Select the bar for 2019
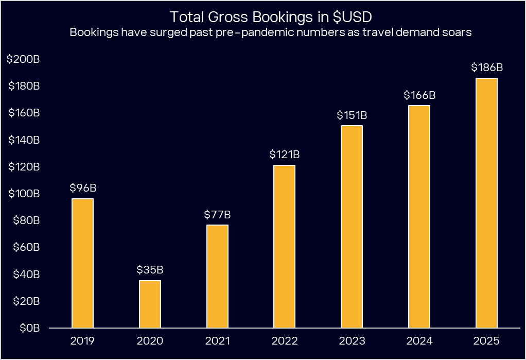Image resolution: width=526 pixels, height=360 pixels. (x=82, y=263)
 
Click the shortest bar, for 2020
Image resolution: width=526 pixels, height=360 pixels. (x=150, y=304)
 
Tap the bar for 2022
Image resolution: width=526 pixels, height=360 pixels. (x=285, y=246)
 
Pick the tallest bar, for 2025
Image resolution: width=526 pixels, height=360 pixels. (x=486, y=203)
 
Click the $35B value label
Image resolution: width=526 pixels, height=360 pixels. (x=150, y=269)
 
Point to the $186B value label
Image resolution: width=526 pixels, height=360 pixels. (x=486, y=67)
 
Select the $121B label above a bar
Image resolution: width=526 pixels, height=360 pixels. (x=285, y=155)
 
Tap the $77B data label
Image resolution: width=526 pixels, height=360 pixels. (x=217, y=214)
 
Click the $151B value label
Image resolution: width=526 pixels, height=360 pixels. (x=352, y=115)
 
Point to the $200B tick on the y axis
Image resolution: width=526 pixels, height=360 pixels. (x=23, y=59)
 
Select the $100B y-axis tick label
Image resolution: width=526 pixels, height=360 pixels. (x=23, y=194)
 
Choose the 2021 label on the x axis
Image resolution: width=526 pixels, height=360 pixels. (x=217, y=341)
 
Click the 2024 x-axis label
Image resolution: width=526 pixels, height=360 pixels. (x=419, y=341)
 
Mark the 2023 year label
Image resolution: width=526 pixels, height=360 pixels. (x=352, y=341)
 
